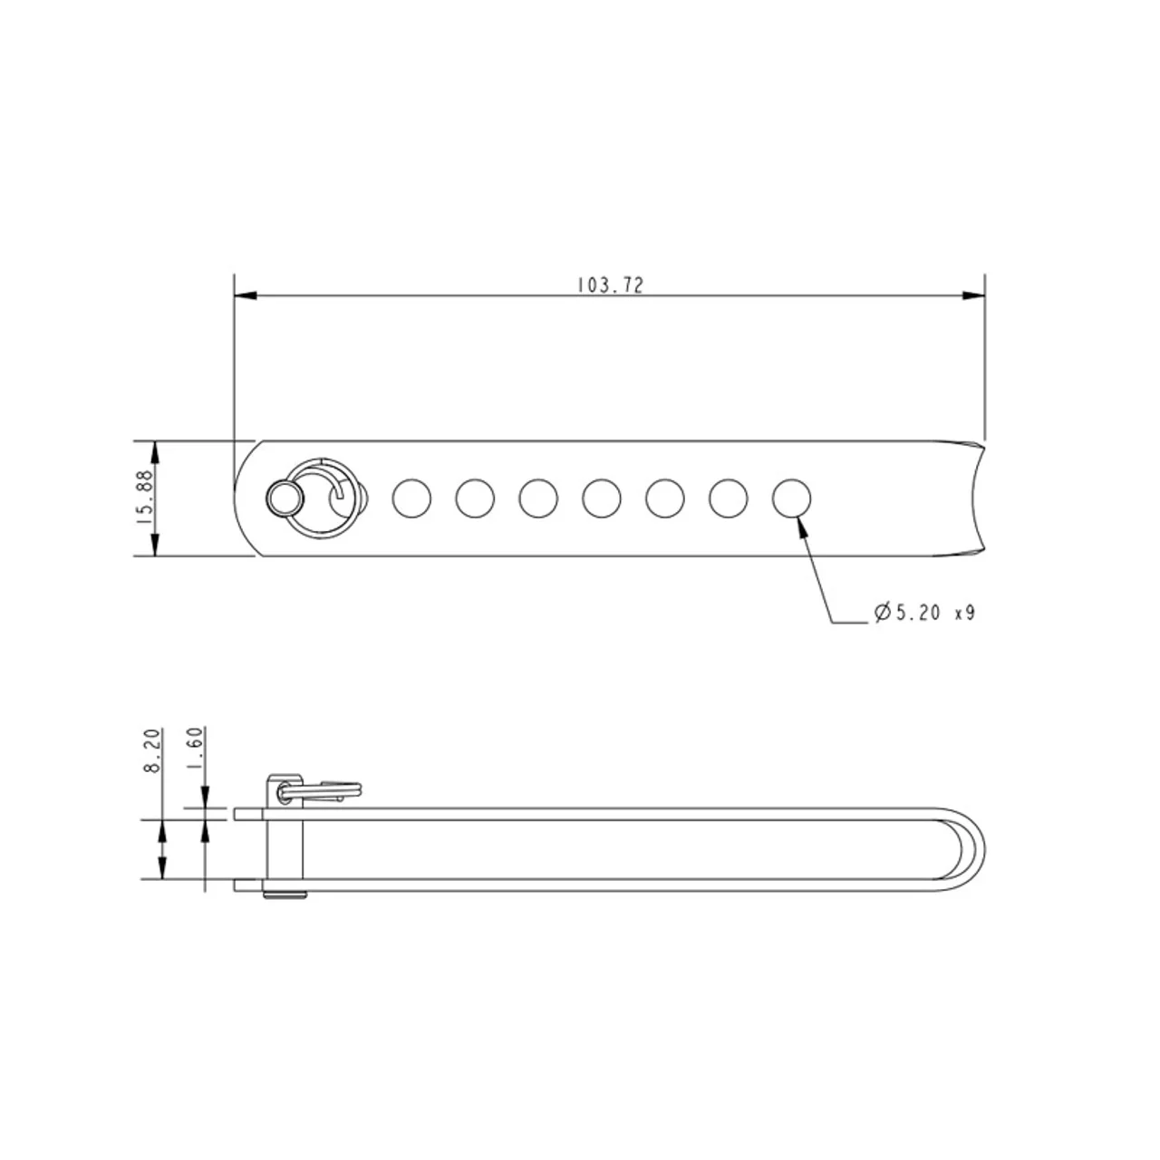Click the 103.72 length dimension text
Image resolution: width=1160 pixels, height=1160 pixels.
tap(611, 285)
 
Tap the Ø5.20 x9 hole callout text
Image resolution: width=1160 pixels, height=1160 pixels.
tap(924, 613)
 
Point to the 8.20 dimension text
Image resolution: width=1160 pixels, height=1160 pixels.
tap(153, 750)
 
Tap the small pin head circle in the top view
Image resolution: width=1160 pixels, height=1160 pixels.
tap(285, 499)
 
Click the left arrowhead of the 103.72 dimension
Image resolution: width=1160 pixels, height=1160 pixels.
tap(246, 295)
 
